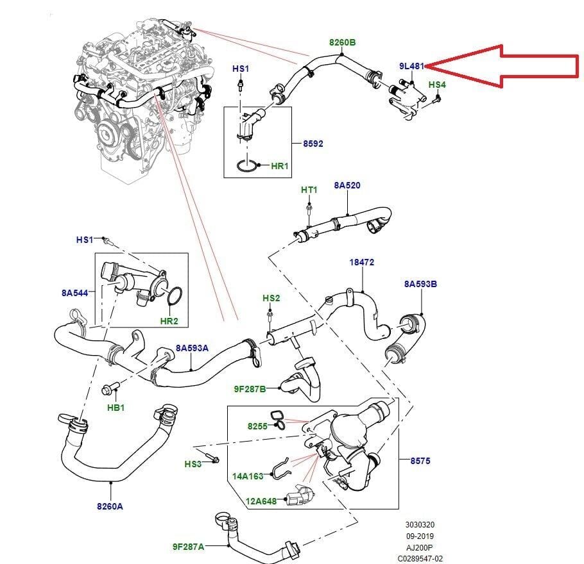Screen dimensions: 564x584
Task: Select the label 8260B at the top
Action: pyautogui.click(x=342, y=42)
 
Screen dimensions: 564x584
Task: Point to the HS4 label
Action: pyautogui.click(x=436, y=85)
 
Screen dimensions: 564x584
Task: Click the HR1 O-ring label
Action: pyautogui.click(x=280, y=165)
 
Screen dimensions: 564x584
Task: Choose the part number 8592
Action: pyautogui.click(x=313, y=144)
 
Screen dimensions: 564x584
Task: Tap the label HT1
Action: pyautogui.click(x=309, y=190)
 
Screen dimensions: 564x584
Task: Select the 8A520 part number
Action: pyautogui.click(x=347, y=185)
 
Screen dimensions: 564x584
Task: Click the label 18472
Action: pyautogui.click(x=361, y=262)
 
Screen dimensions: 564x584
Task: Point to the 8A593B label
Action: pyautogui.click(x=420, y=283)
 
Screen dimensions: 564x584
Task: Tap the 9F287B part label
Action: pyautogui.click(x=250, y=388)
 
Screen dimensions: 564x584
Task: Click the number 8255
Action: pyautogui.click(x=258, y=426)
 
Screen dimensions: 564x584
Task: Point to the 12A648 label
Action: pyautogui.click(x=261, y=501)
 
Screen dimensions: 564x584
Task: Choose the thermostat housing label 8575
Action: pyautogui.click(x=420, y=460)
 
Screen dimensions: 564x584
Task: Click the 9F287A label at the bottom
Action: pyautogui.click(x=188, y=547)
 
